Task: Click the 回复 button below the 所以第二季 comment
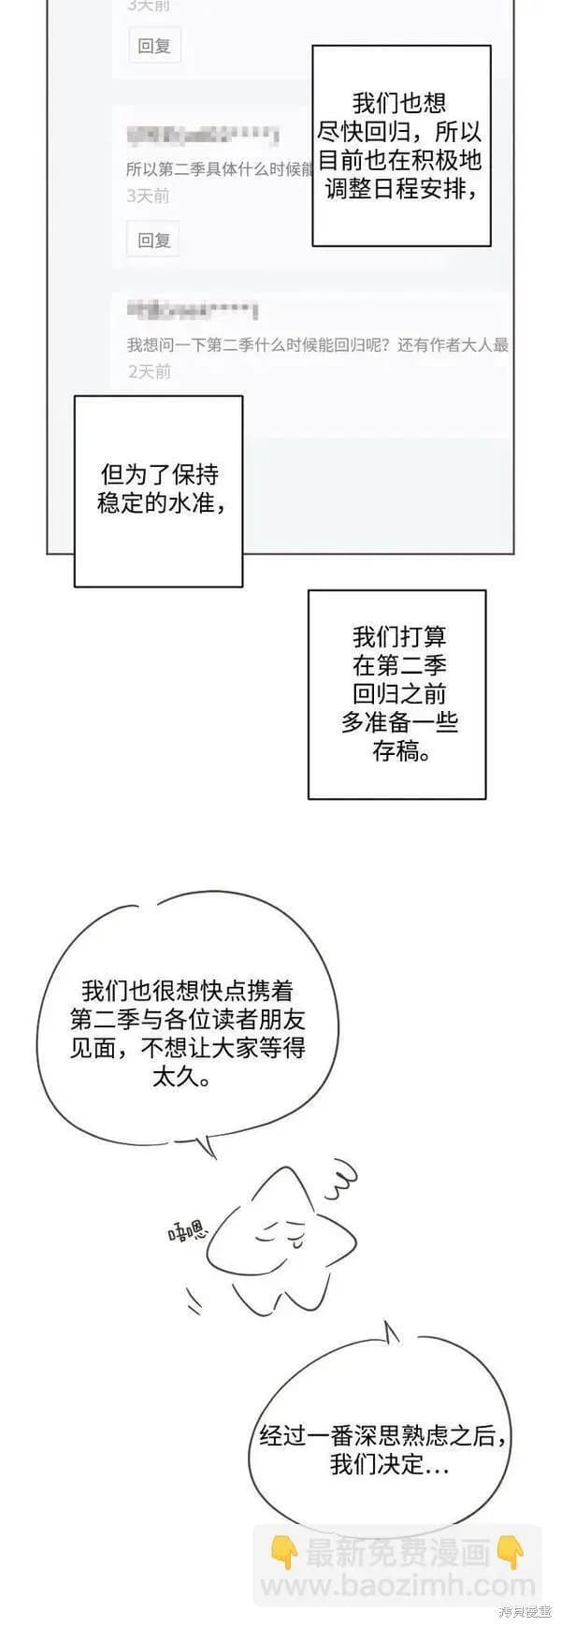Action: coord(153,240)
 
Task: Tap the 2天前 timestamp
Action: coord(149,371)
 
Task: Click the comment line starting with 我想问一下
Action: coord(317,345)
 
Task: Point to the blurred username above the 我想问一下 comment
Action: coord(193,310)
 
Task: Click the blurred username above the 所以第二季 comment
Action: coord(202,135)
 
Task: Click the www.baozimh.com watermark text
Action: coord(396,1585)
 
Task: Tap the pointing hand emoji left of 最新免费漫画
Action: coord(283,1553)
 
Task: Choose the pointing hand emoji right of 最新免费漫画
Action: coord(511,1553)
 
